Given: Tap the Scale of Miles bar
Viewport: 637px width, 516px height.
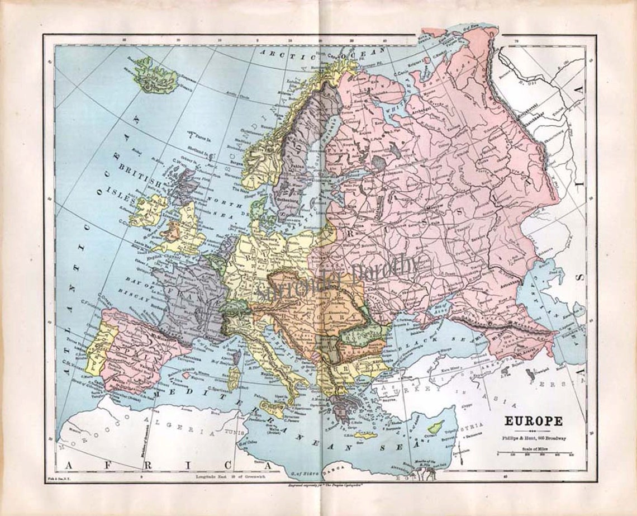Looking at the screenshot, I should coord(534,453).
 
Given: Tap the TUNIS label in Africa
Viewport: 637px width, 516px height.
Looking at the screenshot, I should coord(236,433).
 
